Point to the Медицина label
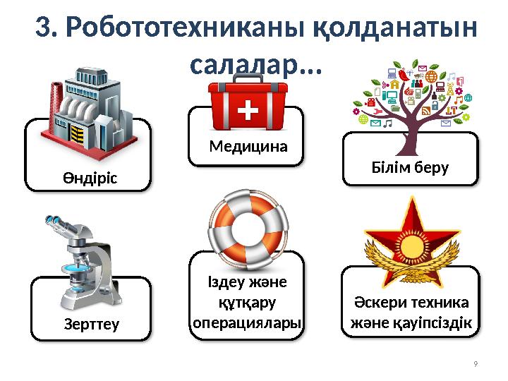point(249,147)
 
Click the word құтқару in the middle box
point(247,303)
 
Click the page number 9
point(475,364)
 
